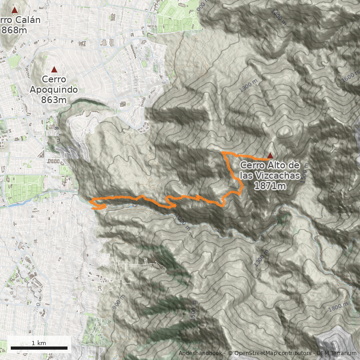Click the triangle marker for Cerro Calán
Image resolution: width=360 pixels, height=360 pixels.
pyautogui.click(x=14, y=10)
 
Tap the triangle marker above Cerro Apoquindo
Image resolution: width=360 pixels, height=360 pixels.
pyautogui.click(x=54, y=69)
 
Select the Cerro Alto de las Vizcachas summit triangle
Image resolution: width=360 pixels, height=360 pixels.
pyautogui.click(x=270, y=155)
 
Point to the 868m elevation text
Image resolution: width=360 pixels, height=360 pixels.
pyautogui.click(x=13, y=30)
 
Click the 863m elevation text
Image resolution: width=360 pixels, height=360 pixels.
pyautogui.click(x=54, y=99)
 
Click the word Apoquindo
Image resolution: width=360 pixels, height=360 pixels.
pyautogui.click(x=54, y=90)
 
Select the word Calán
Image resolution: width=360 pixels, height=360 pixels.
pyautogui.click(x=27, y=20)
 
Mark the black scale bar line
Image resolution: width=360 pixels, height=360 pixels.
pyautogui.click(x=39, y=348)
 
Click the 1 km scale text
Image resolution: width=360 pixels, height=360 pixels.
pyautogui.click(x=39, y=343)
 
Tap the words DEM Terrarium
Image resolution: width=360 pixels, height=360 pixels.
pyautogui.click(x=337, y=353)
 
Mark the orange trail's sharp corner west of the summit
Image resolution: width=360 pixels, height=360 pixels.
pyautogui.click(x=223, y=153)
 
